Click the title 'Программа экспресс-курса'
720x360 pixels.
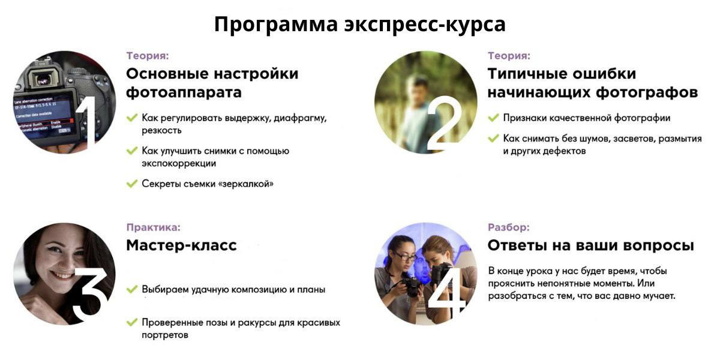359,25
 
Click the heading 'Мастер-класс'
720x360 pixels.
181,245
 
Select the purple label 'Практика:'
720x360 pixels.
153,227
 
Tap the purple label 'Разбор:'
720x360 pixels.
509,227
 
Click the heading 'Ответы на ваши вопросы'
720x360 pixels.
590,245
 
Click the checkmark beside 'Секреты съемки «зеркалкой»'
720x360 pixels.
131,184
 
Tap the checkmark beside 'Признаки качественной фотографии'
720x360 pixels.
493,118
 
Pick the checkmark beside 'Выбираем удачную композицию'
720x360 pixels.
131,289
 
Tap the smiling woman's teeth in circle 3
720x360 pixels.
62,274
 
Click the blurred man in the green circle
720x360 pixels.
418,111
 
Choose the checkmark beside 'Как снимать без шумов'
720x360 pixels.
493,139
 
